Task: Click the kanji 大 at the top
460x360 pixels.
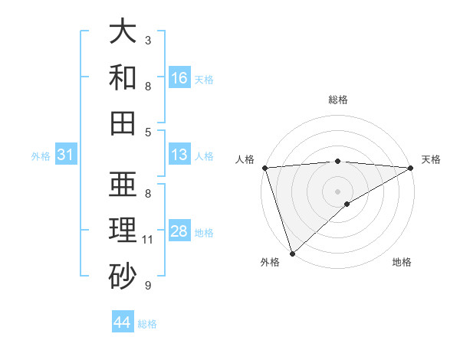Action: (x=123, y=32)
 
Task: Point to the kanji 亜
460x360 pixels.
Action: (x=123, y=185)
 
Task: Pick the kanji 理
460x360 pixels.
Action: (x=123, y=231)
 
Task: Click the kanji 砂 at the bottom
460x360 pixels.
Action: (x=123, y=276)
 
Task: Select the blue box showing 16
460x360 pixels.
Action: (x=179, y=78)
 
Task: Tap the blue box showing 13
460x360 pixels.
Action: (x=179, y=155)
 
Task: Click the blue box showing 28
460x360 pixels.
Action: (x=179, y=231)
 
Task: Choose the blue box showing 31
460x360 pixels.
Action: (x=65, y=155)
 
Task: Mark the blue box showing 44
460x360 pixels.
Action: (x=122, y=322)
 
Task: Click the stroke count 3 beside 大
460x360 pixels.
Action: (x=148, y=40)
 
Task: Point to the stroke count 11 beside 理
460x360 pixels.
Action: (x=148, y=240)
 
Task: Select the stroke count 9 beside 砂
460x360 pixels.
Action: (x=148, y=286)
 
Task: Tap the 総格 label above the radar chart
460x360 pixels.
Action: (x=338, y=100)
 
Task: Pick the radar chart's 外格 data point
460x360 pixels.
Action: (x=292, y=253)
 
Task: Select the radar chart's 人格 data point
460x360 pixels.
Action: (x=264, y=168)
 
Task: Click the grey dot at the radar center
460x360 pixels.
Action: (x=338, y=190)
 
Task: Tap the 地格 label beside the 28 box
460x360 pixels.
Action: (x=204, y=232)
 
